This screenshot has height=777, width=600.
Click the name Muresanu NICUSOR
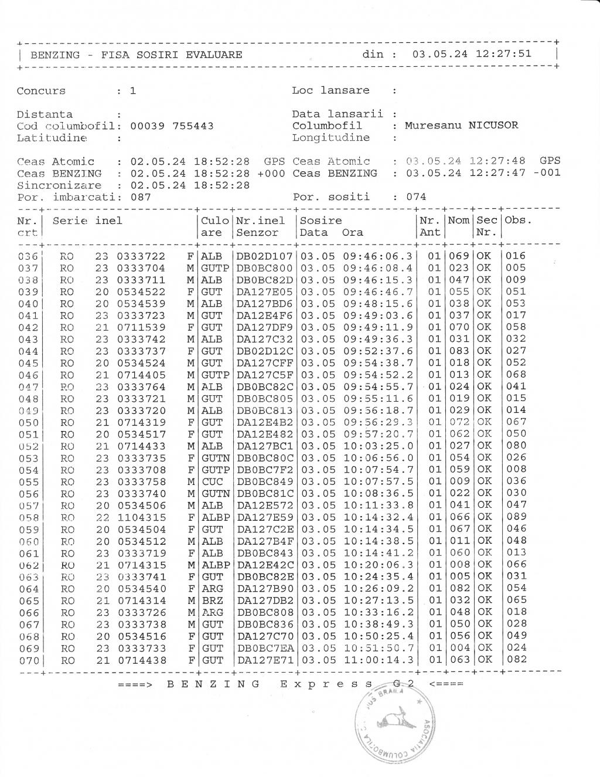click(x=461, y=125)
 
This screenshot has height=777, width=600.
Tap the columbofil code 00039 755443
click(x=171, y=126)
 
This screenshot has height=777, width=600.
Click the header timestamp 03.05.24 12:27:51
click(x=472, y=55)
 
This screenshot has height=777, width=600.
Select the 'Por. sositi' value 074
click(x=416, y=197)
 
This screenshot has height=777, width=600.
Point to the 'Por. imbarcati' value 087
click(x=141, y=197)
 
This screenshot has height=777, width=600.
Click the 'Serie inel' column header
click(x=87, y=221)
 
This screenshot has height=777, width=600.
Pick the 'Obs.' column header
click(x=518, y=221)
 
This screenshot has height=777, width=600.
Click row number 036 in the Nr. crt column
click(x=28, y=256)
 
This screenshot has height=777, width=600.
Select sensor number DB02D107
click(x=264, y=256)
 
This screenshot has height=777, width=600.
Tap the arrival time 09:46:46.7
click(x=378, y=292)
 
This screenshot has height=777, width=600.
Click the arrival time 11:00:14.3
click(x=378, y=660)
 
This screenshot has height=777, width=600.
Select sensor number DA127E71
click(x=264, y=660)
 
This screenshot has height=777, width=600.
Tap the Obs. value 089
click(x=516, y=517)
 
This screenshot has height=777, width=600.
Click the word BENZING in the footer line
click(x=213, y=684)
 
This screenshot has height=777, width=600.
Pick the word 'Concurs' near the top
click(x=41, y=91)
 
